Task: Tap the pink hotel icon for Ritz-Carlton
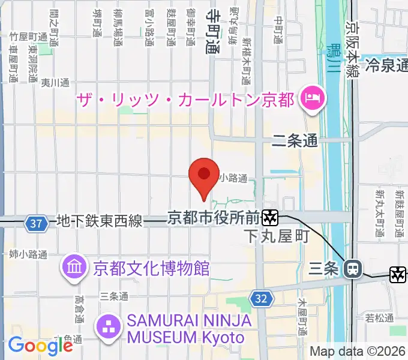(x=313, y=98)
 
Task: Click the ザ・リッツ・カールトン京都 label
(x=185, y=98)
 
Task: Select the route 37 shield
(x=37, y=223)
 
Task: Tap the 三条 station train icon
(x=352, y=269)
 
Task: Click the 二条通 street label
(x=295, y=142)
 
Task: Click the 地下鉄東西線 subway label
(x=100, y=221)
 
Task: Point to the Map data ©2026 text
(x=356, y=352)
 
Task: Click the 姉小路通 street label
(x=28, y=254)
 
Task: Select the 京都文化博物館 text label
(x=151, y=268)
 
